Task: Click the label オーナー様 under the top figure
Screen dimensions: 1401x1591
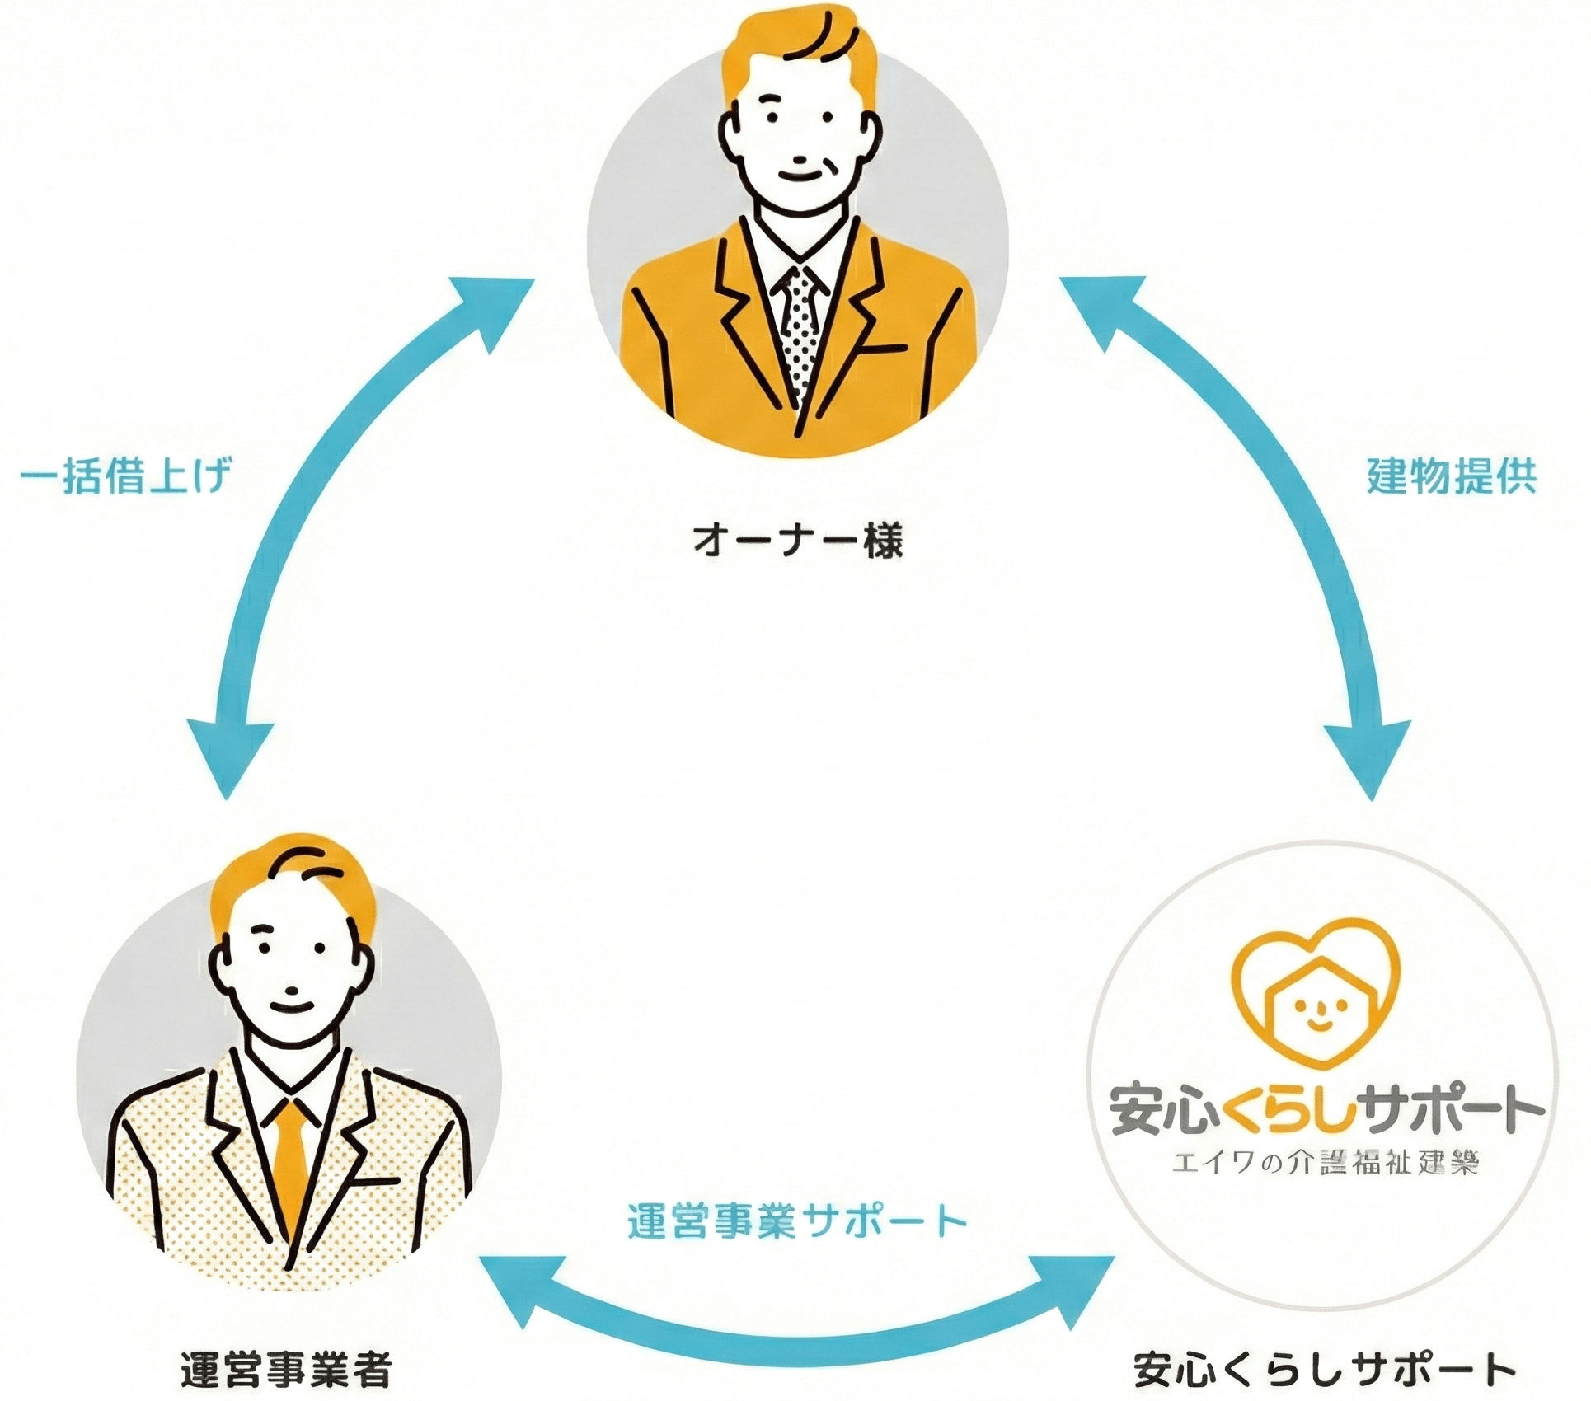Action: click(x=797, y=541)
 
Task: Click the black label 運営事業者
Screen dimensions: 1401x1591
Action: click(x=285, y=1369)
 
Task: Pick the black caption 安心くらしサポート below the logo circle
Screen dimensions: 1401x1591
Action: click(x=1324, y=1369)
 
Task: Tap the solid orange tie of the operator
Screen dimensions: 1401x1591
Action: click(x=290, y=1162)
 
